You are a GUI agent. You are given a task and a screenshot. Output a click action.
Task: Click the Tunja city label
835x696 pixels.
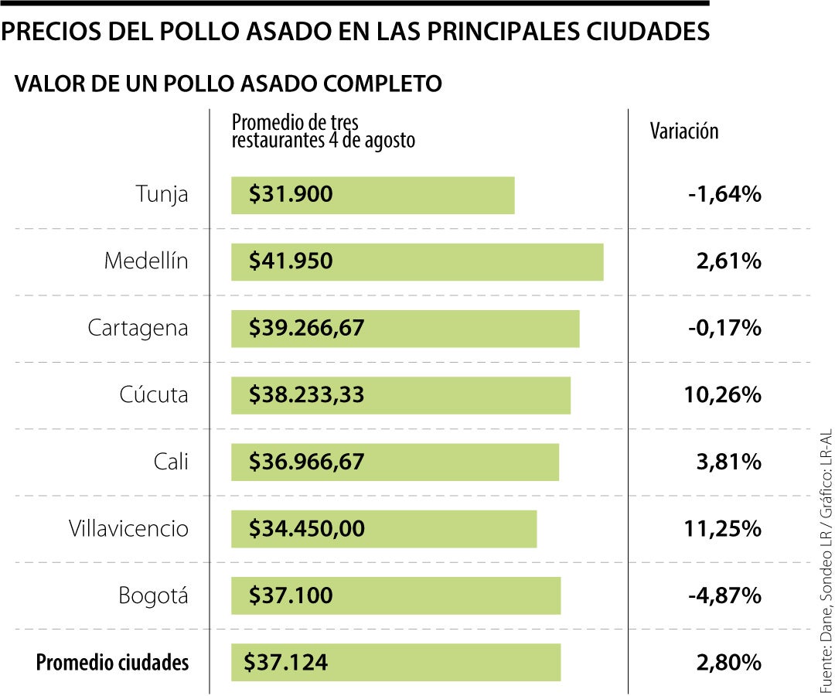point(162,194)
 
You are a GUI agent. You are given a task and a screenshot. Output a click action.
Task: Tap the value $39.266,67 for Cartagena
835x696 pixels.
point(306,328)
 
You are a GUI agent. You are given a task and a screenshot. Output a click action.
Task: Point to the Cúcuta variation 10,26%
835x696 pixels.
point(722,395)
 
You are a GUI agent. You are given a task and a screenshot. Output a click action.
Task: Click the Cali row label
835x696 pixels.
point(171,462)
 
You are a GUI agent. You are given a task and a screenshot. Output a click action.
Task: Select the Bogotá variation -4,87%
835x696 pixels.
point(724,595)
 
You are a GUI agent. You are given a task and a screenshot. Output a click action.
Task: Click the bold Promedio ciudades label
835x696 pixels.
point(112,663)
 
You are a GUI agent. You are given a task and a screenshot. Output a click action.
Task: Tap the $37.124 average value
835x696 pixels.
point(285,663)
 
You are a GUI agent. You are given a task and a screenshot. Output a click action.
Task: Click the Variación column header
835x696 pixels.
point(683,131)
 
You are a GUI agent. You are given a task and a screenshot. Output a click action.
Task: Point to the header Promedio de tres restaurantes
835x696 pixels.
point(323,131)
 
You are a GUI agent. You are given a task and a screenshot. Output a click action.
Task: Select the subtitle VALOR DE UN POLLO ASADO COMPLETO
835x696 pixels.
point(228,84)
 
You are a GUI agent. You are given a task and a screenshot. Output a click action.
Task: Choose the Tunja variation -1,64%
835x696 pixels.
point(724,194)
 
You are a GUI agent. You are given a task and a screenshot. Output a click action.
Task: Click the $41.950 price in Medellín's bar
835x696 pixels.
point(291,261)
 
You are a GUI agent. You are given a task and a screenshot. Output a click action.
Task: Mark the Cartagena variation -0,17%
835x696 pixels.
point(724,328)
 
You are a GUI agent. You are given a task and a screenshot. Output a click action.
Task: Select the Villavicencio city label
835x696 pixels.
point(128,529)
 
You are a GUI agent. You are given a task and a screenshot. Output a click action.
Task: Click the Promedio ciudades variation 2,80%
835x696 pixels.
point(728,663)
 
